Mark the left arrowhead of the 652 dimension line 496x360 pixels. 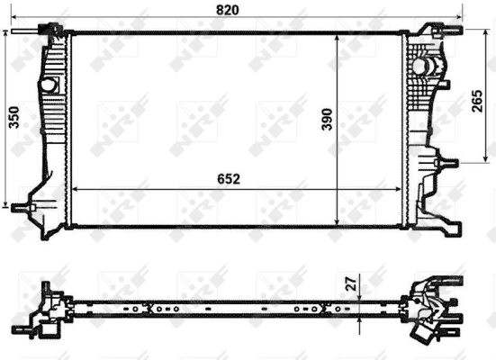coord(74,189)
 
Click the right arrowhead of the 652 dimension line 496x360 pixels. coord(404,189)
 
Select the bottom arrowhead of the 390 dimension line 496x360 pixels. coord(338,222)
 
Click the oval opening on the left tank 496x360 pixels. coord(47,84)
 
